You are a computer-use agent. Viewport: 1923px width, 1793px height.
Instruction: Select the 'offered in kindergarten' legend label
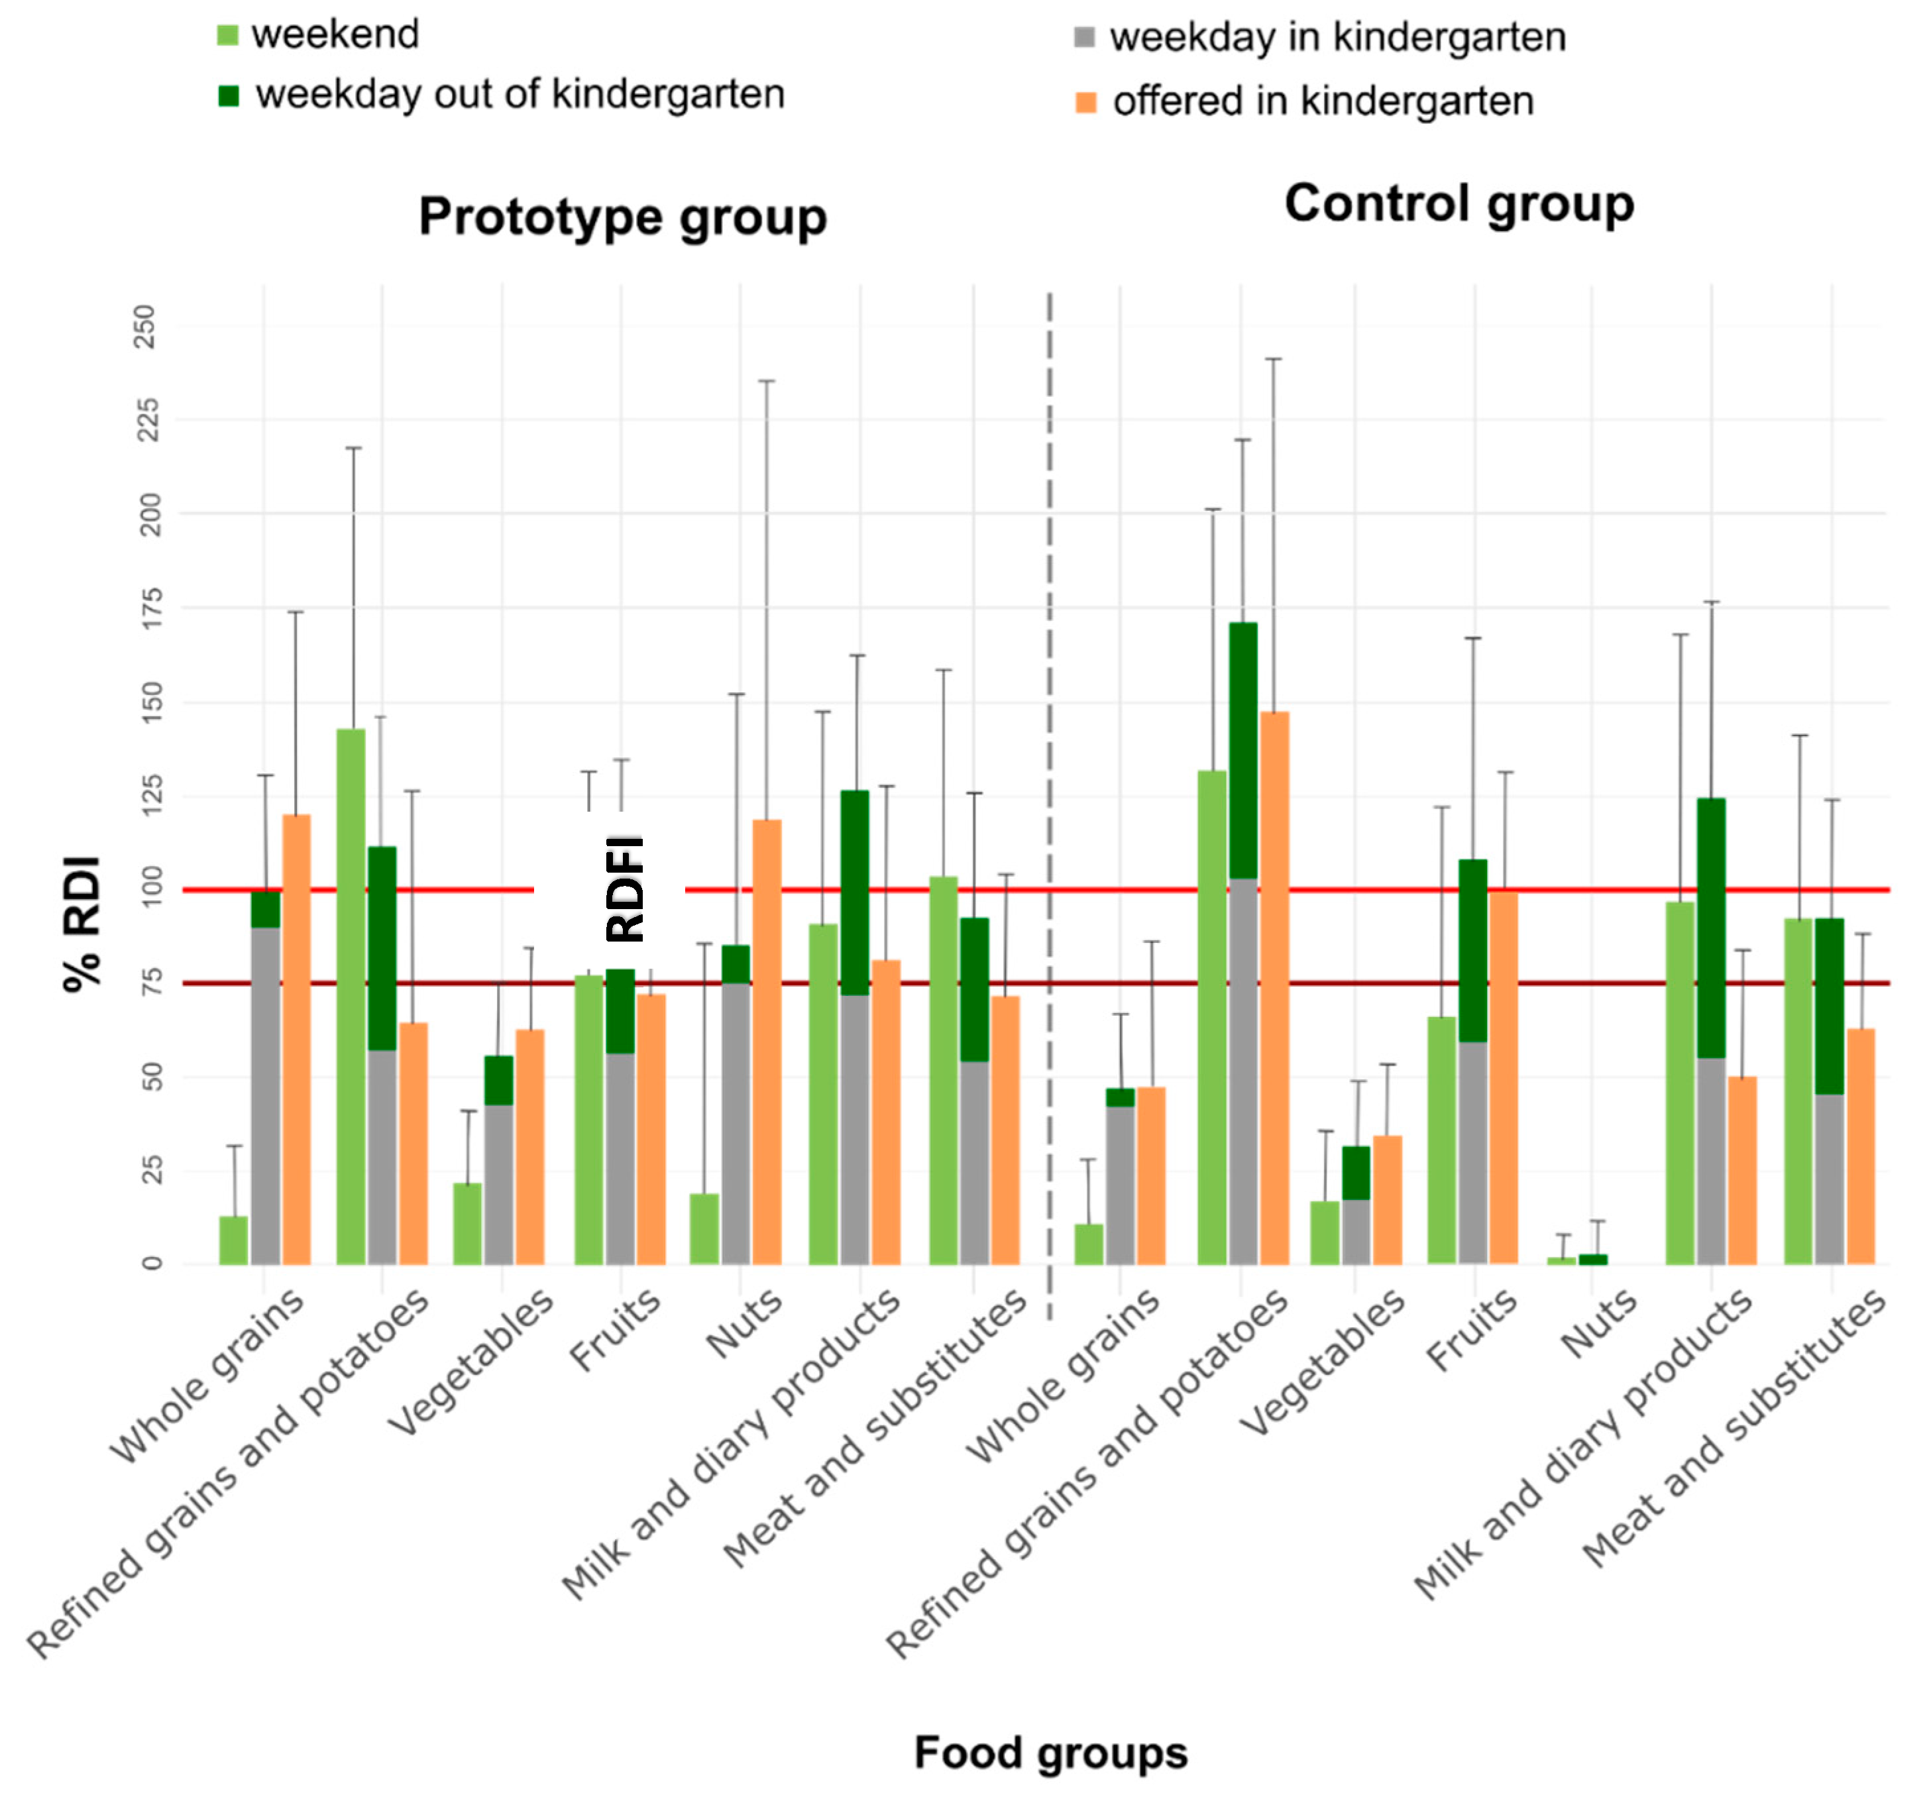pos(1322,101)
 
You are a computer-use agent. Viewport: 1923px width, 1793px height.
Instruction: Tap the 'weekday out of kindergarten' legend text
pos(520,95)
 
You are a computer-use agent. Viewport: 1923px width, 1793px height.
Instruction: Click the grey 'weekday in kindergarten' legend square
pos(1084,38)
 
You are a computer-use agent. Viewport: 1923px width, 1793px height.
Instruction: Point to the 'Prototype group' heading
pos(622,217)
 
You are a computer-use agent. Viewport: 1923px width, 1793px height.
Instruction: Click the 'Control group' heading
pos(1458,204)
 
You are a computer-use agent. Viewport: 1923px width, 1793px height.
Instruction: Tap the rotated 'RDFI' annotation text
pos(625,888)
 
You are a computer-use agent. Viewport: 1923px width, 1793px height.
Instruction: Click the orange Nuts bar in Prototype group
pos(767,1042)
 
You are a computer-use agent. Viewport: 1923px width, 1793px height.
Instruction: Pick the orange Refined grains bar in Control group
pos(1274,989)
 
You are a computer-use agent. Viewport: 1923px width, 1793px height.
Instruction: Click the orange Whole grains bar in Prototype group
pos(296,1039)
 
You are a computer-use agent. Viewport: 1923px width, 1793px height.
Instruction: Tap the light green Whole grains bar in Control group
pos(1088,1244)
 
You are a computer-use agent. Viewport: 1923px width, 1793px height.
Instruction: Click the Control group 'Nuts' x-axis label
pos(1599,1324)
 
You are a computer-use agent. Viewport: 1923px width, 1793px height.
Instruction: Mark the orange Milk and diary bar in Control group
pos(1742,1170)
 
